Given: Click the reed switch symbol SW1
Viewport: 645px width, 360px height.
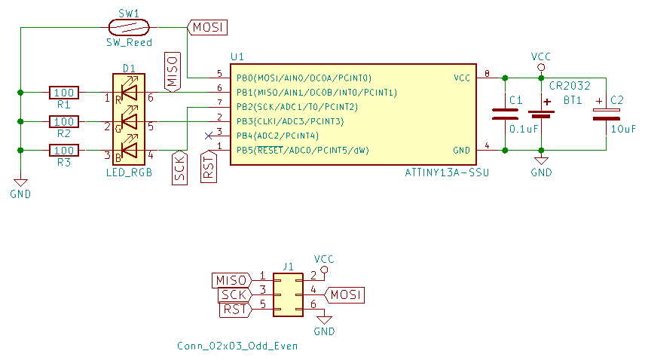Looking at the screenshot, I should [x=129, y=27].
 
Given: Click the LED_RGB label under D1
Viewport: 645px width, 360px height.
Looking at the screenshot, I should [x=129, y=172].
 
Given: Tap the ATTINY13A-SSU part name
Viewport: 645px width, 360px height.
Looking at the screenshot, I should [x=447, y=173].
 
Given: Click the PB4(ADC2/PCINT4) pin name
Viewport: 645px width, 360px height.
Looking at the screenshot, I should [x=278, y=136].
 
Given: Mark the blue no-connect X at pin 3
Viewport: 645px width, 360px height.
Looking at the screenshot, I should [x=209, y=136].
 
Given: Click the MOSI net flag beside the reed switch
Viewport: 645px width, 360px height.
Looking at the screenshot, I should [x=207, y=27].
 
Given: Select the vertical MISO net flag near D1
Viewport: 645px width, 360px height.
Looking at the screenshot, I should [x=172, y=72].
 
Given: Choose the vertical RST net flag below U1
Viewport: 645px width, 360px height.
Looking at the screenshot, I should [x=209, y=166].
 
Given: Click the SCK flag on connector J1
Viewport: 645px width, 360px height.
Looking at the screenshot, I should [x=234, y=294].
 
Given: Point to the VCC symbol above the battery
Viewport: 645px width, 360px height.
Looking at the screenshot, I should [x=540, y=61].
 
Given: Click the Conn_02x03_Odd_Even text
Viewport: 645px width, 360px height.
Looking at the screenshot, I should [x=237, y=346].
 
